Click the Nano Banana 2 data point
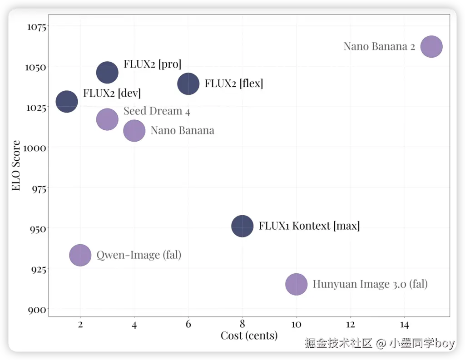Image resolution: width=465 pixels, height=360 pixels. coord(431,46)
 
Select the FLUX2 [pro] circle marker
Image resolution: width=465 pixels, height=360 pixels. coord(107,72)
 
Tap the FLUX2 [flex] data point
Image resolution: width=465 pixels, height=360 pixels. coord(188,84)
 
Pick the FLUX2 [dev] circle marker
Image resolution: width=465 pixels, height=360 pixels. coord(67,102)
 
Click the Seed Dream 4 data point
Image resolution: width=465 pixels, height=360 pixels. coord(107,119)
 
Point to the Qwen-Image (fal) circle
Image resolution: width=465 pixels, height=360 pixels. coord(80,255)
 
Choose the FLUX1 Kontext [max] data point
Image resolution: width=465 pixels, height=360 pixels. coord(242,226)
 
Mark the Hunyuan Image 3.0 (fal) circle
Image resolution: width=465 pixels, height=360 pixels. coord(297,285)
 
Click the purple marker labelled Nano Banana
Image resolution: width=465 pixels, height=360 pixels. coord(134,131)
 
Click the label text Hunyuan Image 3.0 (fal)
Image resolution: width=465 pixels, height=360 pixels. coord(370,285)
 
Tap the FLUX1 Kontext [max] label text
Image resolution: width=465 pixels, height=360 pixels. coord(309,226)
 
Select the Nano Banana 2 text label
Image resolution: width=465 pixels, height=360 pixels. coord(379,46)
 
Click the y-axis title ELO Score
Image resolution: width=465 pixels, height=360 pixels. coord(16,166)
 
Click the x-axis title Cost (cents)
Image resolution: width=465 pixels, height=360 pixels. coord(249,335)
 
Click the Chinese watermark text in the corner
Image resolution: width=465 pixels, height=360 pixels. coord(380,343)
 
